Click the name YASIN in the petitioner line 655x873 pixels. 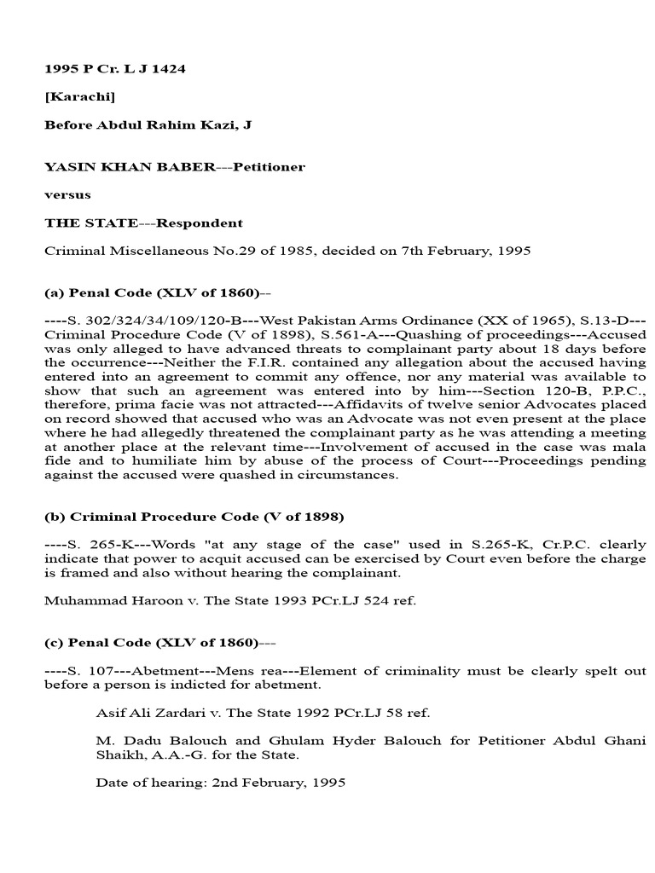[66, 167]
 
